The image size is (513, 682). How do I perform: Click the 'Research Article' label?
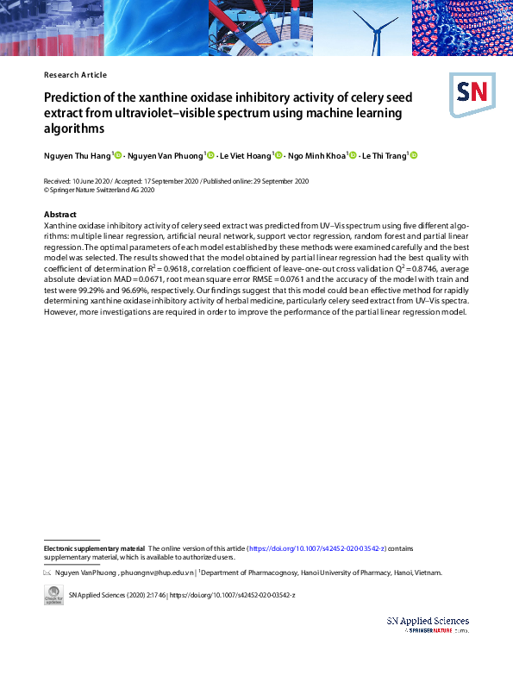[75, 75]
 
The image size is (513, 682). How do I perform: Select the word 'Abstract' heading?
[59, 215]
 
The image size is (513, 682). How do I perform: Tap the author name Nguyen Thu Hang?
[77, 155]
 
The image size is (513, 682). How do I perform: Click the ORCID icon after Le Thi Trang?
[414, 155]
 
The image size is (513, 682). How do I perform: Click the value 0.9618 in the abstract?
[197, 268]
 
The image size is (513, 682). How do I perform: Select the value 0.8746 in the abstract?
[428, 268]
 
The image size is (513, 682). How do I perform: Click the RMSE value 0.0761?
[295, 279]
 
